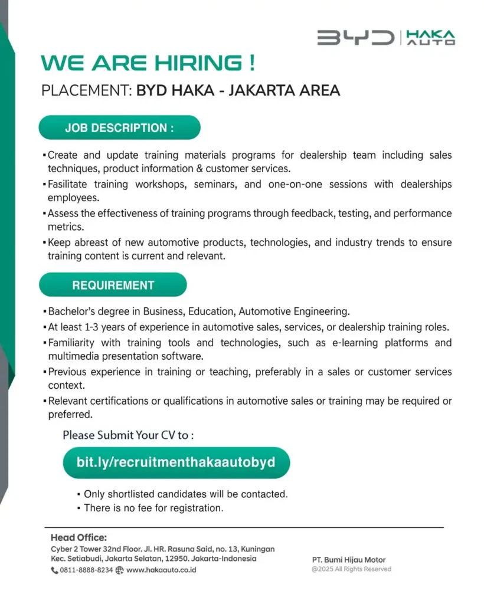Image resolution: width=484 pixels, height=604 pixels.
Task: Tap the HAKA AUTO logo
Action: coord(431,38)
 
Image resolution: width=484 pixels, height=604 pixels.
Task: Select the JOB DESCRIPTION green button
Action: coord(119,128)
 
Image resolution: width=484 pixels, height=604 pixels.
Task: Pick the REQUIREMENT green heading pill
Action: coord(113,285)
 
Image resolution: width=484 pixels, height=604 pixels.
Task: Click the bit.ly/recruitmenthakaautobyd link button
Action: coord(176,462)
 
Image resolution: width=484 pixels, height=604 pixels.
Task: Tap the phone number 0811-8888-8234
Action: coord(86,570)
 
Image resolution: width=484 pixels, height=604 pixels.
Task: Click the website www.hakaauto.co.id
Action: coord(161,570)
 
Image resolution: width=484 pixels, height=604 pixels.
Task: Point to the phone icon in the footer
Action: coord(55,570)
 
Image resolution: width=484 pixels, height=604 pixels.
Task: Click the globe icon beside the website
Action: coord(120,570)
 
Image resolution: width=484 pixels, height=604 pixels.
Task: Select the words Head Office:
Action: coord(79,537)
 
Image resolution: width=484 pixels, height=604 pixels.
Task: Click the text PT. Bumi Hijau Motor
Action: coord(349,560)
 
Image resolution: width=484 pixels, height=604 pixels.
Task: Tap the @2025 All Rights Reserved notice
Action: coord(351,569)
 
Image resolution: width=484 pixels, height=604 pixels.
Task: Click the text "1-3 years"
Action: coord(106,327)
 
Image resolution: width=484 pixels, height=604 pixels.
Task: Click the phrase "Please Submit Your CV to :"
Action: coord(128,436)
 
